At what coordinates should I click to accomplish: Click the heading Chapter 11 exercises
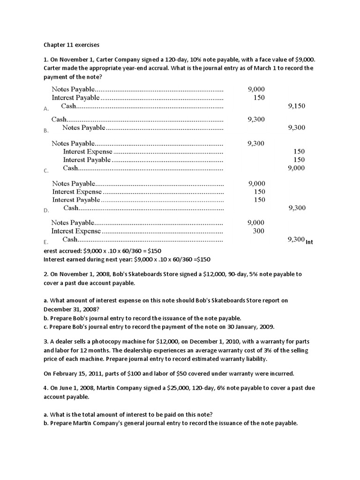(71, 45)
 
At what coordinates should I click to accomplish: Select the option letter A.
(46, 109)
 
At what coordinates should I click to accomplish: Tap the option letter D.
(46, 210)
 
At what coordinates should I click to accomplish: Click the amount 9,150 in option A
(296, 106)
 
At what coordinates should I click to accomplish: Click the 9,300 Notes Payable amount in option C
(256, 143)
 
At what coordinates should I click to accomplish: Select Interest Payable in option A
(75, 98)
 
